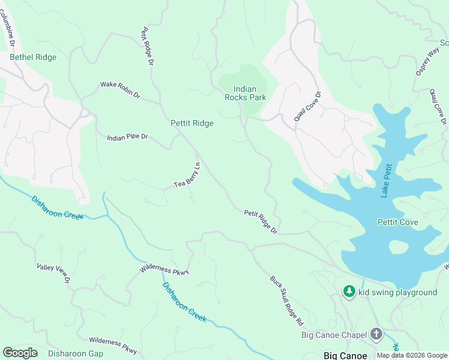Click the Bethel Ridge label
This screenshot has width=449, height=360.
pyautogui.click(x=33, y=58)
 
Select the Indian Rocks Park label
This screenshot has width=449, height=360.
pyautogui.click(x=245, y=93)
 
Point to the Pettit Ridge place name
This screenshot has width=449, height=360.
pyautogui.click(x=192, y=123)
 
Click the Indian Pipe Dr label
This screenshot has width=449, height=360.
pyautogui.click(x=127, y=137)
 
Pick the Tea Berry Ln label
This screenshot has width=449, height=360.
pyautogui.click(x=187, y=175)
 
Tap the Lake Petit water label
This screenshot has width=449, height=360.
pyautogui.click(x=387, y=181)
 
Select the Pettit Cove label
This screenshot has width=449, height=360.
pyautogui.click(x=397, y=223)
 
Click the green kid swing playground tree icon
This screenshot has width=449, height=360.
pyautogui.click(x=349, y=292)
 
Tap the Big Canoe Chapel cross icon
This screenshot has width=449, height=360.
pyautogui.click(x=376, y=334)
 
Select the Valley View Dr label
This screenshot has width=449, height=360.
pyautogui.click(x=53, y=273)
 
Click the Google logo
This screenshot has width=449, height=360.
pyautogui.click(x=20, y=353)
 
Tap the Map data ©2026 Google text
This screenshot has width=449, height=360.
pyautogui.click(x=412, y=355)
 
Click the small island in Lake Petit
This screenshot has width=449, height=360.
pyautogui.click(x=398, y=247)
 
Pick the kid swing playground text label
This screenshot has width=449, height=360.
pyautogui.click(x=398, y=292)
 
